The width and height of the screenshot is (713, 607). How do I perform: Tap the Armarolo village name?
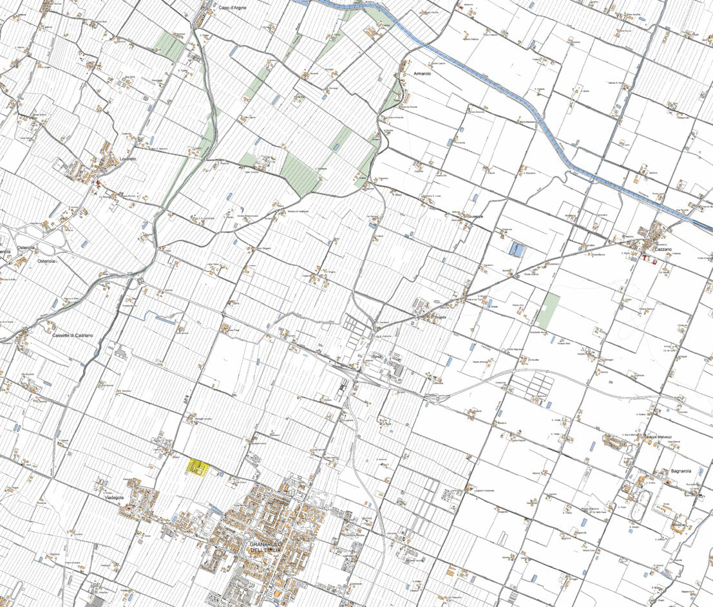pyautogui.click(x=416, y=74)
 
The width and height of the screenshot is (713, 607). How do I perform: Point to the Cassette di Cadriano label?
pyautogui.click(x=73, y=335)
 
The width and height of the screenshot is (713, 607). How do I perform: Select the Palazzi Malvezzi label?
pyautogui.click(x=659, y=437)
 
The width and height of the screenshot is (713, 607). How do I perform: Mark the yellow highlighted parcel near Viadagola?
pyautogui.click(x=197, y=467)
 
